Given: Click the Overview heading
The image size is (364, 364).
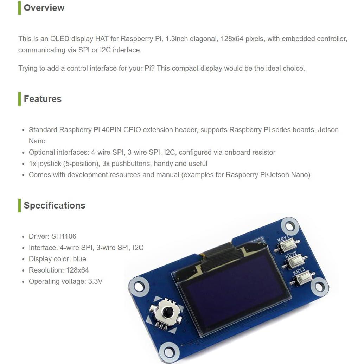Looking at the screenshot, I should pos(44,8).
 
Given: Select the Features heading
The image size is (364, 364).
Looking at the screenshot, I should pos(43,99).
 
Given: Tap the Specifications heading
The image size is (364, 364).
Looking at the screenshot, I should pos(54,205).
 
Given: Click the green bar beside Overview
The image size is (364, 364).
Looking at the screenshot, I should pos(20,8).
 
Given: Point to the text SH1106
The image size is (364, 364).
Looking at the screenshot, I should pos(64,236).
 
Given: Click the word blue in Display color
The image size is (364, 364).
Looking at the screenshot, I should pos(79,259).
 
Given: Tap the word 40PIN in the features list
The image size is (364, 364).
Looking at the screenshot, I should pos(114,130).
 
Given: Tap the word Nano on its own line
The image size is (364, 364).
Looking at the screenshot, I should pos(37,141).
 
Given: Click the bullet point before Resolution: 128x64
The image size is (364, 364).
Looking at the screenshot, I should pos(23,270).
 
